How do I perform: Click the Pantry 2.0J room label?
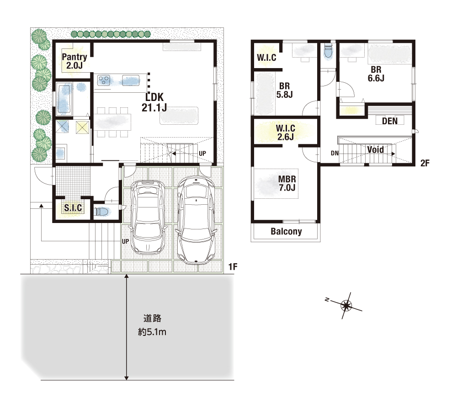[x=74, y=61]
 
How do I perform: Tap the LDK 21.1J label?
[x=154, y=102]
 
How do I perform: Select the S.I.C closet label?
[x=73, y=208]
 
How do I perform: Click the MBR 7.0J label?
[x=287, y=183]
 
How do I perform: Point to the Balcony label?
[x=286, y=232]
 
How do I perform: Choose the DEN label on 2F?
[x=390, y=121]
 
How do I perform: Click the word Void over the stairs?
[x=375, y=150]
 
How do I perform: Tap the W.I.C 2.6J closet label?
[x=286, y=133]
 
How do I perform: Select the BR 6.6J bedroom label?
[x=376, y=74]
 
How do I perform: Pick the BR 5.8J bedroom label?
[x=284, y=90]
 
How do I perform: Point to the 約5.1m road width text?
[x=152, y=332]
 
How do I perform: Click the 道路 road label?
[x=152, y=319]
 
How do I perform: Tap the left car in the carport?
[x=148, y=217]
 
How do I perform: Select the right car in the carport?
[x=196, y=220]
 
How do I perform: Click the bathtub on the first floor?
[x=64, y=99]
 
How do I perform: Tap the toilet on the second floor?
[x=328, y=52]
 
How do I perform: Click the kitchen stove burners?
[x=104, y=80]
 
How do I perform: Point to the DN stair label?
[x=335, y=153]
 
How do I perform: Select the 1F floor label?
[x=233, y=266]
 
